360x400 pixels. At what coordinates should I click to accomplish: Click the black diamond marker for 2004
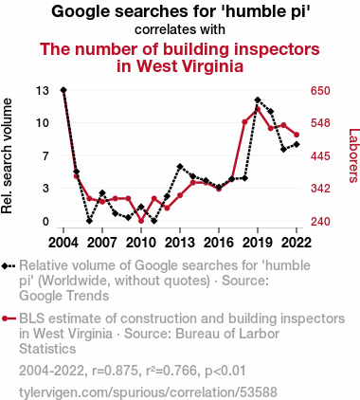tap(63, 90)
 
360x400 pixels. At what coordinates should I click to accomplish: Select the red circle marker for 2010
tap(141, 221)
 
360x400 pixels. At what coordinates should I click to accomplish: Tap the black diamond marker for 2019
tap(258, 100)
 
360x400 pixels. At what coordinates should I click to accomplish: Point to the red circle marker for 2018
tap(244, 122)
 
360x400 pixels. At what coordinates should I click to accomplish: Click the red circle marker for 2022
tap(297, 135)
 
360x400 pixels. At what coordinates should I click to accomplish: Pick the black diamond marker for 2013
tap(180, 167)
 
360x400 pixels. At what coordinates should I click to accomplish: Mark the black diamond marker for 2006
tap(89, 221)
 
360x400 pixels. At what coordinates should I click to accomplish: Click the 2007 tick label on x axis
tap(102, 243)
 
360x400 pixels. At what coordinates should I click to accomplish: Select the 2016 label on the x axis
tap(219, 243)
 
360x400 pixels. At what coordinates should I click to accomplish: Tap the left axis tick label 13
tap(43, 91)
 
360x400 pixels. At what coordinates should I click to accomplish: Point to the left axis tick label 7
tap(46, 155)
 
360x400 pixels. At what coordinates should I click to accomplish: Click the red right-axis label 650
tap(320, 91)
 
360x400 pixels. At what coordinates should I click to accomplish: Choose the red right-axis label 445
tap(320, 155)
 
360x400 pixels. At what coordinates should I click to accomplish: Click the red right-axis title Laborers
tap(353, 155)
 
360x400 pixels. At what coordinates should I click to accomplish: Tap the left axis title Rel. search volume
tap(7, 155)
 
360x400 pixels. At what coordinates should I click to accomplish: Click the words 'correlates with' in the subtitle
tap(180, 29)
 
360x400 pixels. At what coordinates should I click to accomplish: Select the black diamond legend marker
tap(5, 265)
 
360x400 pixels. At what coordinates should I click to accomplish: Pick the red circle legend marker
tap(5, 318)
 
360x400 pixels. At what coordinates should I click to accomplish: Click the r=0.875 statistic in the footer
tap(115, 371)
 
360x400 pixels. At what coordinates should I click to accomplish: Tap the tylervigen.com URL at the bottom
tap(148, 392)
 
